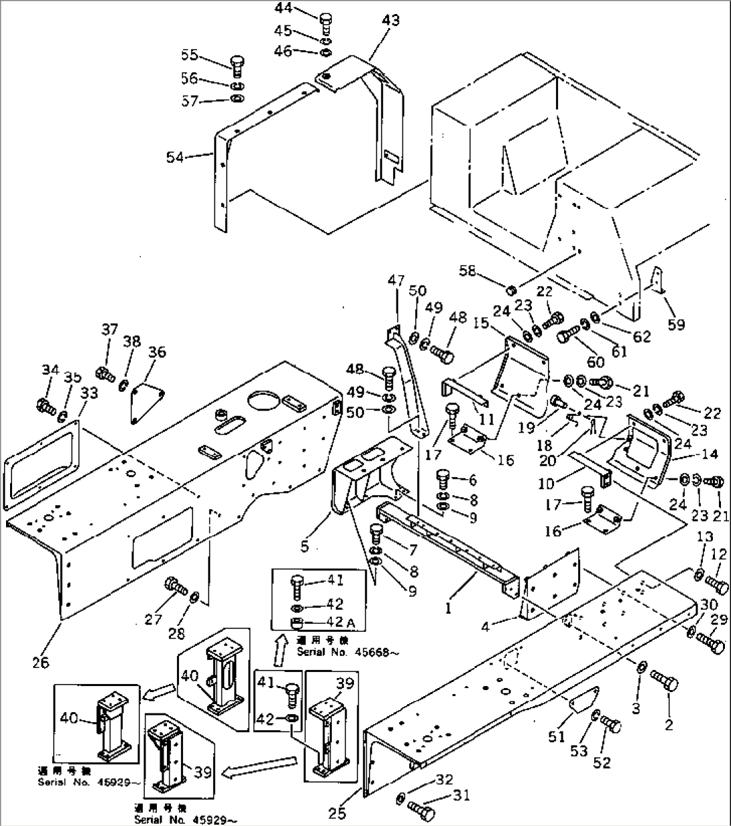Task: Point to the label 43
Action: point(390,20)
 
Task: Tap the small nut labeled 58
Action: point(510,290)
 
